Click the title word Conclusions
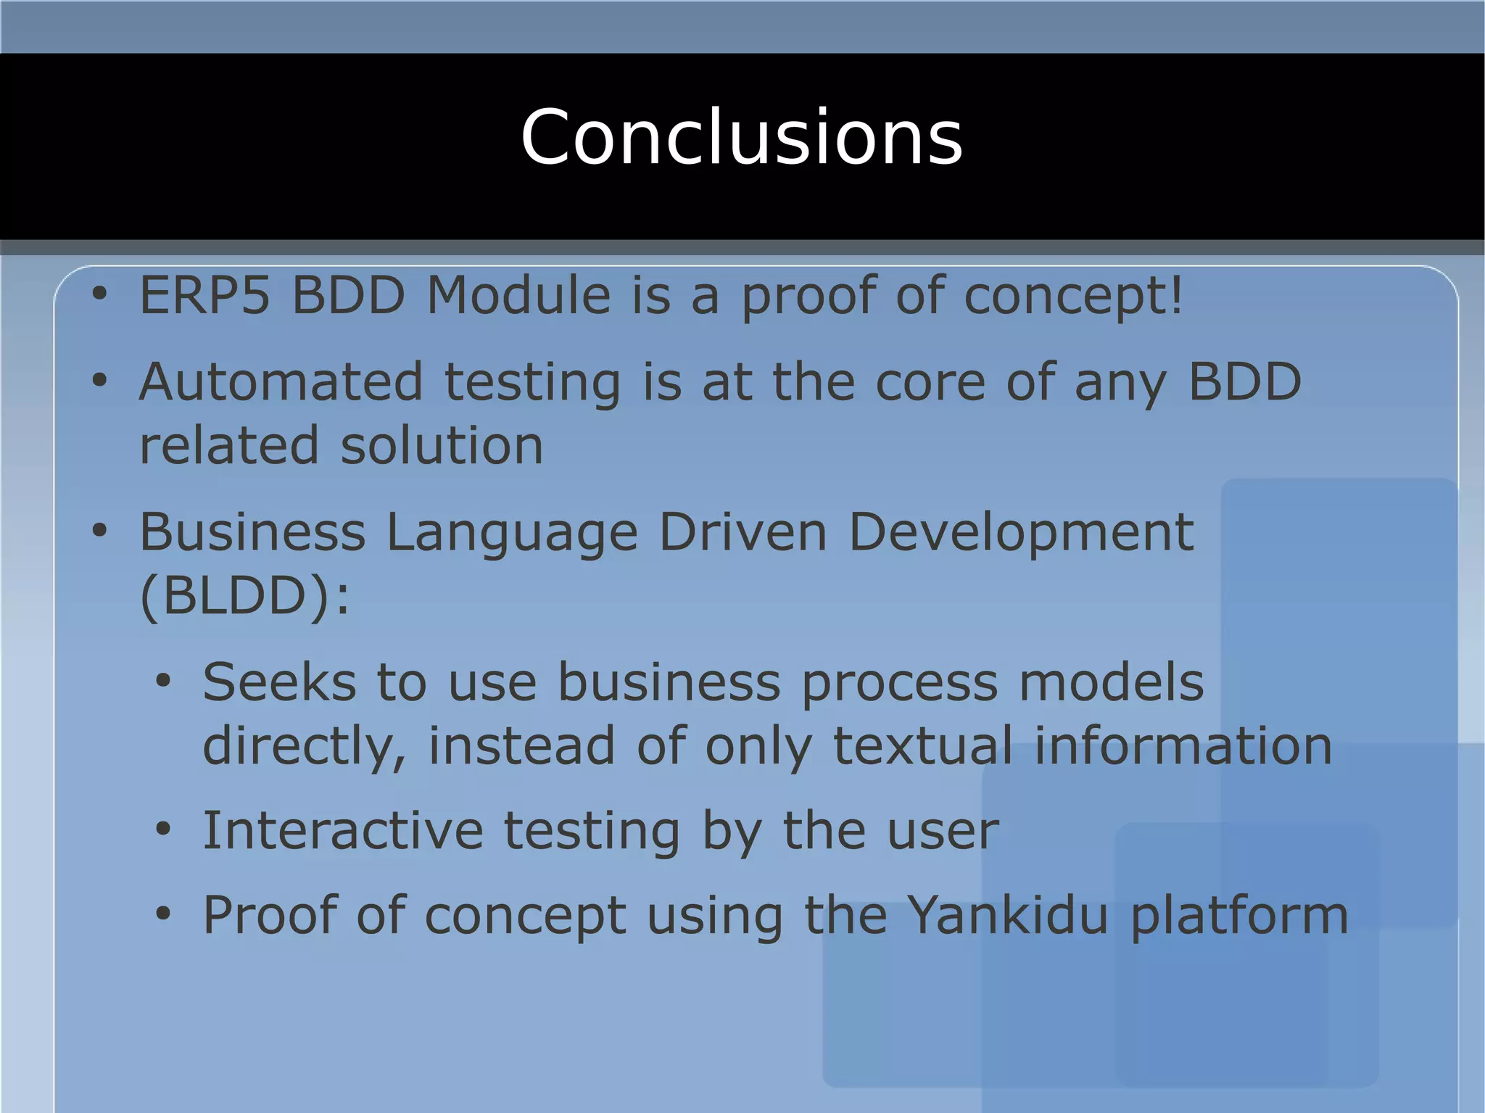pos(741,138)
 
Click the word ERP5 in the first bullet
pos(204,296)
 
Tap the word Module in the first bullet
pos(518,296)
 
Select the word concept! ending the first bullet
pos(1073,297)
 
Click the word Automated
pos(281,382)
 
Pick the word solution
pos(442,446)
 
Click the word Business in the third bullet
pos(252,533)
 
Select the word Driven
pos(742,533)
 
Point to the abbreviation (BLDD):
pos(244,597)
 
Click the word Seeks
pos(279,683)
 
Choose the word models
pos(1111,683)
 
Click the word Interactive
pos(342,831)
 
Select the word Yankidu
pos(1008,916)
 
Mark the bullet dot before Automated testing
pos(99,380)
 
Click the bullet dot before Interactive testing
pos(163,829)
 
